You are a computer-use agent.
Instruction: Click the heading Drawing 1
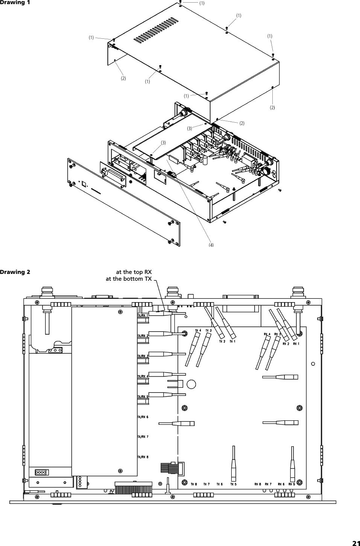pyautogui.click(x=15, y=3)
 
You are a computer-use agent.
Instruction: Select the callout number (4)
pyautogui.click(x=211, y=245)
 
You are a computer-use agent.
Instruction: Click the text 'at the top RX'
pyautogui.click(x=134, y=272)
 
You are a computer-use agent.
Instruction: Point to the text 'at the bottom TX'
pyautogui.click(x=128, y=279)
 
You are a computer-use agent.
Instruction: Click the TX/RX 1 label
pyautogui.click(x=143, y=315)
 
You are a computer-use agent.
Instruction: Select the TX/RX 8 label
pyautogui.click(x=143, y=457)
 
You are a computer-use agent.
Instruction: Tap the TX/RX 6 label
pyautogui.click(x=143, y=417)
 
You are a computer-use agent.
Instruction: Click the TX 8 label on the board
pyautogui.click(x=194, y=484)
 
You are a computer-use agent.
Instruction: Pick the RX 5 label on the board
pyautogui.click(x=292, y=484)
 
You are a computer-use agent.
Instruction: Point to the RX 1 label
pyautogui.click(x=296, y=344)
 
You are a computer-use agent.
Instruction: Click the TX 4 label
pyautogui.click(x=198, y=330)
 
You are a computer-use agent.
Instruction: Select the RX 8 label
pyautogui.click(x=258, y=484)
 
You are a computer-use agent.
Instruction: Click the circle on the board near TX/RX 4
pyautogui.click(x=191, y=384)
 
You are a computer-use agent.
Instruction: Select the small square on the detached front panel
pyautogui.click(x=84, y=184)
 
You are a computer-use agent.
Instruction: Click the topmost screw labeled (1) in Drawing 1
pyautogui.click(x=181, y=2)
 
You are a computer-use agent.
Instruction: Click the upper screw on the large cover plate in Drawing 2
pyautogui.click(x=120, y=312)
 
